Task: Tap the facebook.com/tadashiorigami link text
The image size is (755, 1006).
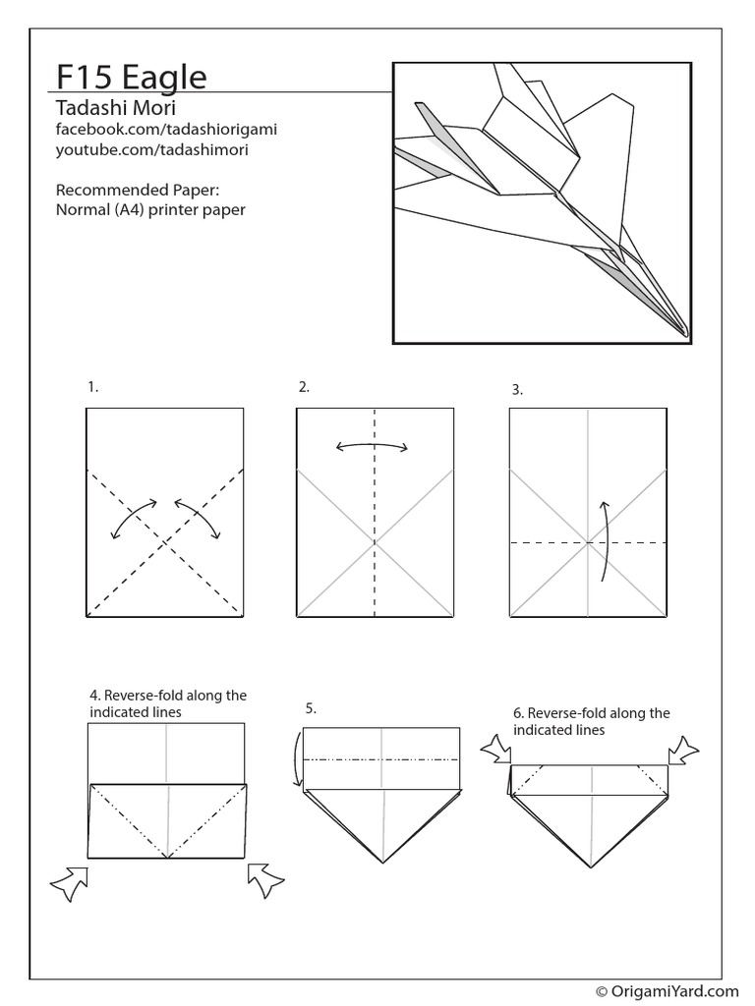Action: (x=157, y=130)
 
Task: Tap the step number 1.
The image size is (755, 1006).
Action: (x=92, y=387)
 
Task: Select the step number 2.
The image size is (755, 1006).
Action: (x=304, y=387)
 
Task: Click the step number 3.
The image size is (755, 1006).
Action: (x=516, y=390)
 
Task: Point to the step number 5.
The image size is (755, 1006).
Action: (x=311, y=707)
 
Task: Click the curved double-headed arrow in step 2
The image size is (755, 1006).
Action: (x=373, y=447)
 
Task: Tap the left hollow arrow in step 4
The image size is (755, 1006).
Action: (x=70, y=882)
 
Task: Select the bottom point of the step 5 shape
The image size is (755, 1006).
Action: (x=382, y=864)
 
